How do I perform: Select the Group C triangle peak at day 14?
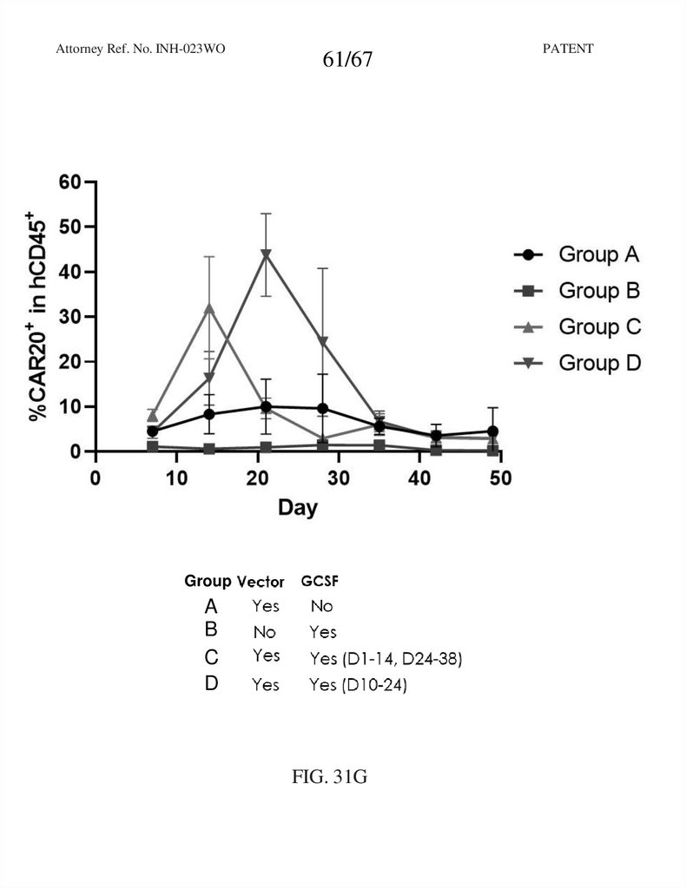pyautogui.click(x=209, y=308)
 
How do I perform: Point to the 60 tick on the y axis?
pyautogui.click(x=69, y=182)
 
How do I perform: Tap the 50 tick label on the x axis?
pyautogui.click(x=499, y=478)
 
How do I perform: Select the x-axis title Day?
pyautogui.click(x=298, y=507)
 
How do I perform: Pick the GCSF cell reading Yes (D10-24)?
pyautogui.click(x=358, y=686)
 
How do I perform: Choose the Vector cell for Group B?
pyautogui.click(x=264, y=633)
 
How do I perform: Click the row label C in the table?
pyautogui.click(x=211, y=657)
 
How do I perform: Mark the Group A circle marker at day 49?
pyautogui.click(x=492, y=431)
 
